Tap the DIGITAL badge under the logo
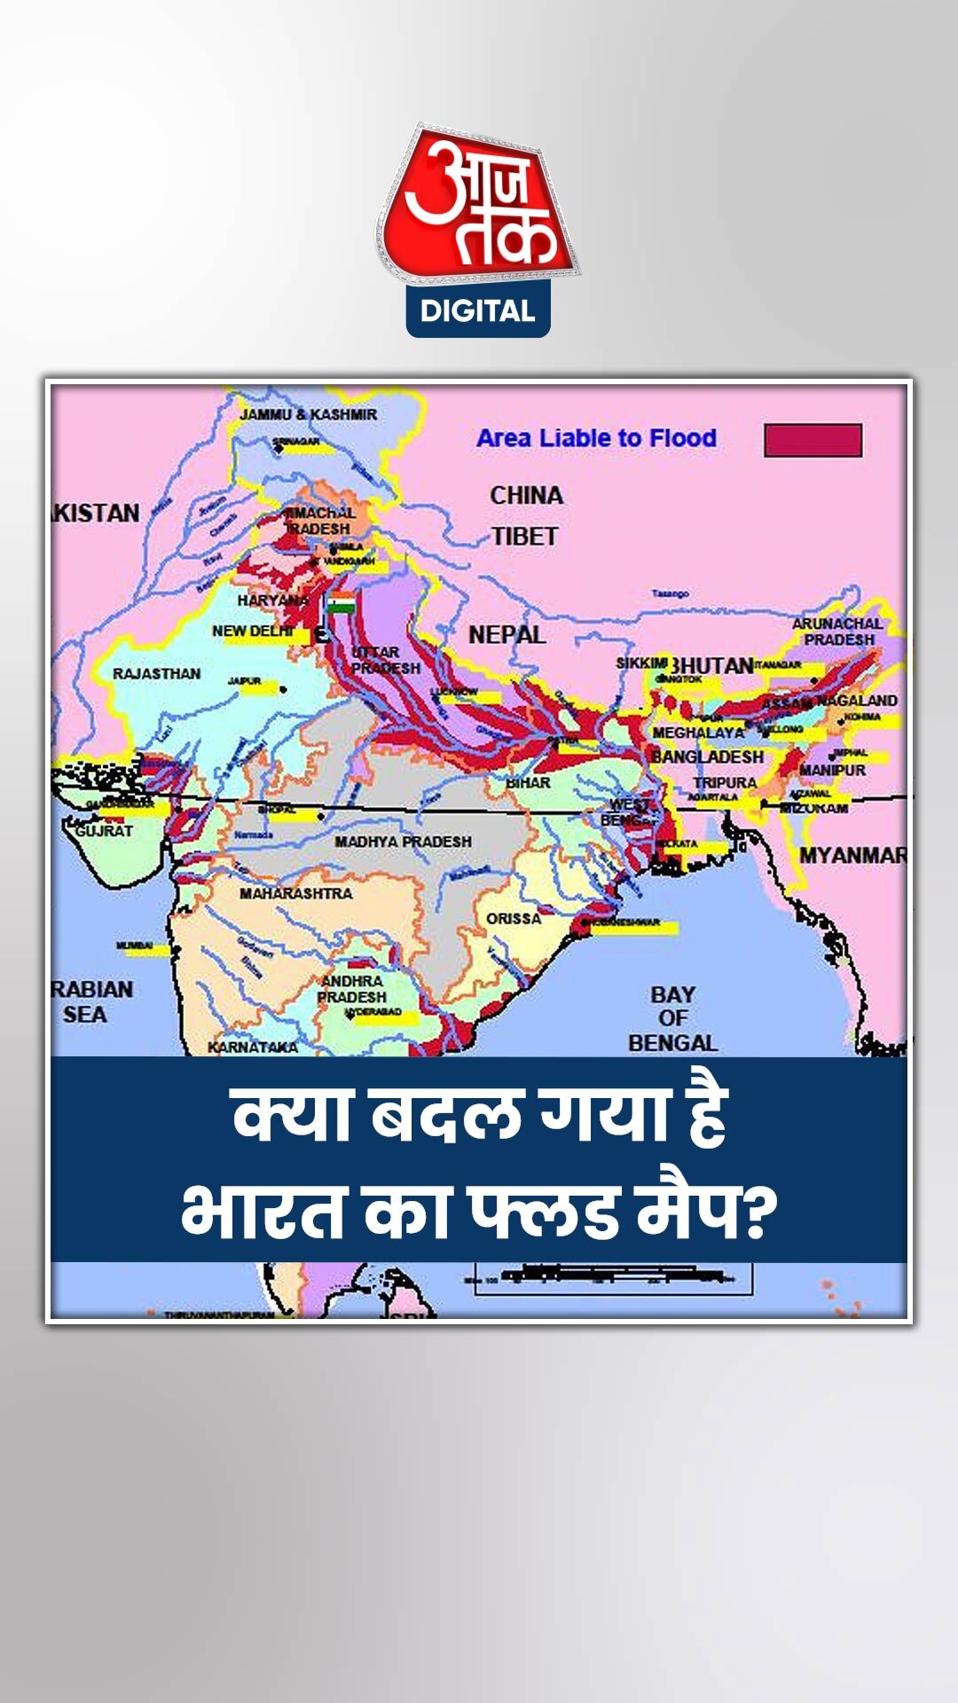[478, 311]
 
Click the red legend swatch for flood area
[813, 440]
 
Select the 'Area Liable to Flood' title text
[596, 438]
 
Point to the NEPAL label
[506, 635]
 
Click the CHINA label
[526, 495]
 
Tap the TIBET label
[524, 537]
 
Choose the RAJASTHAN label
[156, 674]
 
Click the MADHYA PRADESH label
[403, 841]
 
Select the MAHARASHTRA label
[295, 893]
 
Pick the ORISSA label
[514, 919]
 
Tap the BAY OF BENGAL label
[672, 1018]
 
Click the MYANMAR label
[852, 856]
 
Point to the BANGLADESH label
[707, 757]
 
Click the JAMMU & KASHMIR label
[308, 414]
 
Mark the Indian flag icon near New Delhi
[342, 605]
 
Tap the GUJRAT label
[104, 831]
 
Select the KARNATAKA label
[253, 1047]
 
